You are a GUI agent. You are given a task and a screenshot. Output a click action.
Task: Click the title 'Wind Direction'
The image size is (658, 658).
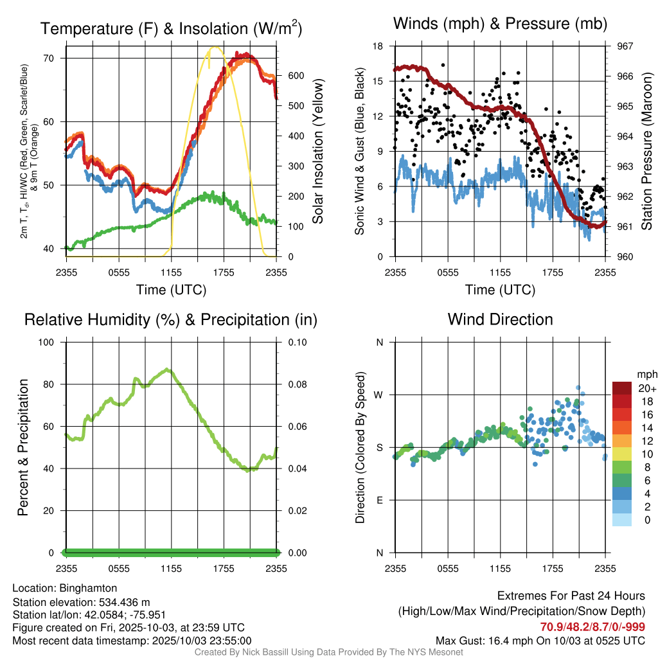point(500,319)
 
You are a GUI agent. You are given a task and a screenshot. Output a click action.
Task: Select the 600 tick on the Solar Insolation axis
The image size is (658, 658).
point(296,75)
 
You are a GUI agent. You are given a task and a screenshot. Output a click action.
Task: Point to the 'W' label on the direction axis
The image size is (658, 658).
point(380,395)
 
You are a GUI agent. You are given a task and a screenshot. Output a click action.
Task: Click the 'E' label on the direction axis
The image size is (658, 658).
point(380,500)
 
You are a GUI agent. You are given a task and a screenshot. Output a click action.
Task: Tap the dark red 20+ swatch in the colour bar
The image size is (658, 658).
point(622,388)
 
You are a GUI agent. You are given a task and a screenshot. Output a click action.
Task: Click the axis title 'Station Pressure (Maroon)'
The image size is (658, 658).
point(647,151)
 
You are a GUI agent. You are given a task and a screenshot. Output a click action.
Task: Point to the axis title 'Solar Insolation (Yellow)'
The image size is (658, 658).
point(318,151)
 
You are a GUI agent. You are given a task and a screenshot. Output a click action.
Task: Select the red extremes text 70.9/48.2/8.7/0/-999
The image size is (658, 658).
point(592,627)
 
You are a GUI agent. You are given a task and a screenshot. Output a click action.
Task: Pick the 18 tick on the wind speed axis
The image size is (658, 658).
point(378,46)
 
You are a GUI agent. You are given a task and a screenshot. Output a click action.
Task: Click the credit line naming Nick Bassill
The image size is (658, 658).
point(328,652)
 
